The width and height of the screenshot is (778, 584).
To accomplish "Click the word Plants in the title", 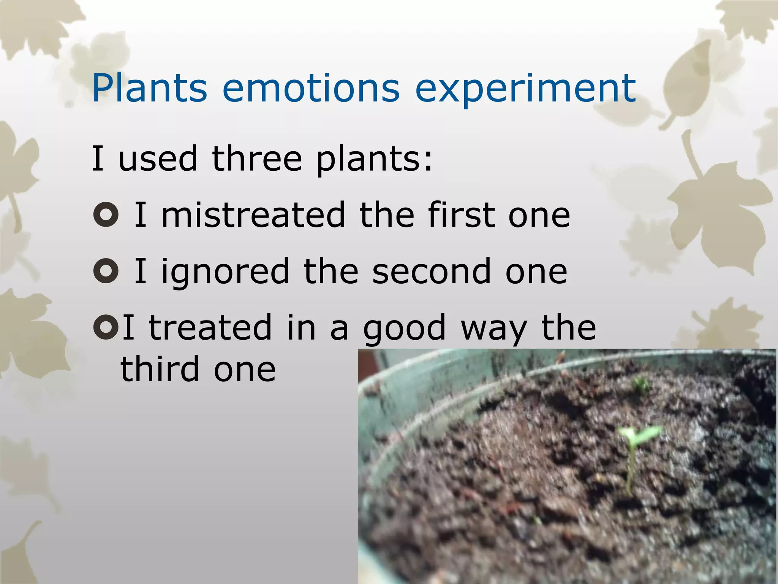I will (x=149, y=88).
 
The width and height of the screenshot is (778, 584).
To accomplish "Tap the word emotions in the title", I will (x=311, y=88).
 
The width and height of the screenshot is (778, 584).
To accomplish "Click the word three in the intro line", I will (x=257, y=158).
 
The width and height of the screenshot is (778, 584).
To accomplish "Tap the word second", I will (x=431, y=271).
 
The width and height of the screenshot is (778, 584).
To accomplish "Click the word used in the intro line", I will (x=158, y=158).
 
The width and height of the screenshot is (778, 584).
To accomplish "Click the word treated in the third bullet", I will (x=210, y=328).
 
